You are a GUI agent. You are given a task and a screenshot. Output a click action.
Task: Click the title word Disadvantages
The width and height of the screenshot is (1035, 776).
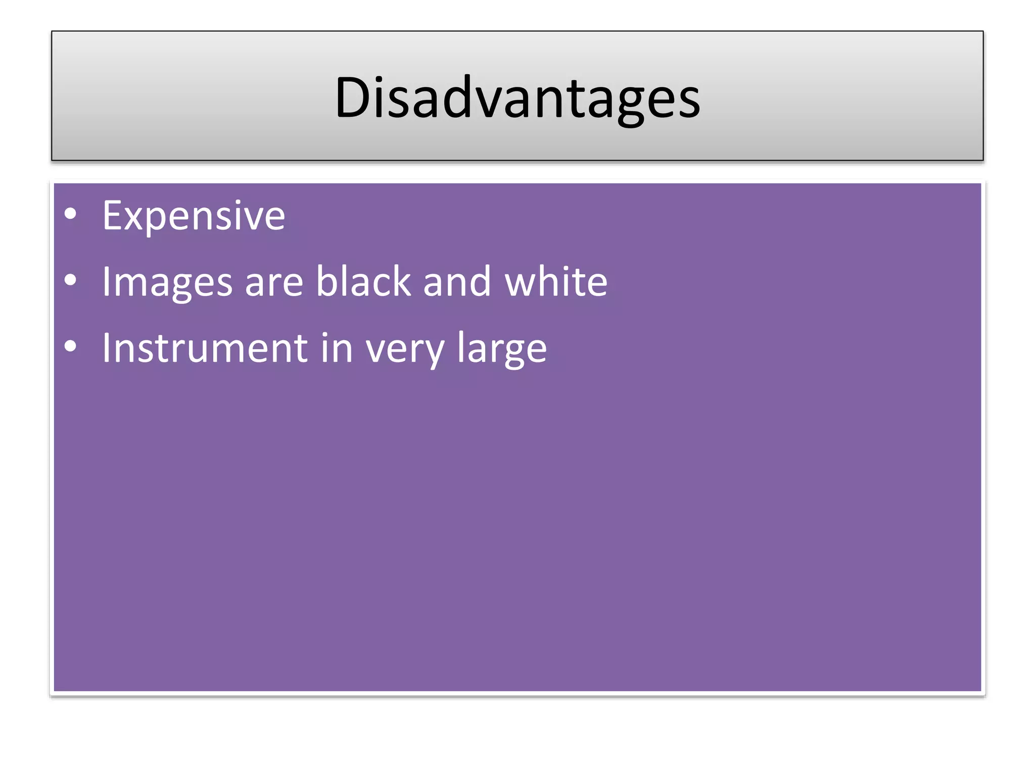coord(517,97)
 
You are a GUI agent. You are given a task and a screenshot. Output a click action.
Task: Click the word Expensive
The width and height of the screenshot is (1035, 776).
coord(194,216)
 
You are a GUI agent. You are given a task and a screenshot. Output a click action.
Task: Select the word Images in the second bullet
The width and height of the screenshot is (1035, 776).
coord(167,282)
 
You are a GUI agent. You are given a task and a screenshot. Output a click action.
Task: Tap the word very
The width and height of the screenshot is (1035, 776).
coord(405,350)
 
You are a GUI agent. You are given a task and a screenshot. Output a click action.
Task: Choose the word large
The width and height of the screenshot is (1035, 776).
coord(502,349)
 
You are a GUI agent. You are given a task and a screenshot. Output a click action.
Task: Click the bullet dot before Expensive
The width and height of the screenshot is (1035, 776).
coord(71,214)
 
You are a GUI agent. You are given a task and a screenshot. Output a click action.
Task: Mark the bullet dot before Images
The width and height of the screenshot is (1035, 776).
coord(71,280)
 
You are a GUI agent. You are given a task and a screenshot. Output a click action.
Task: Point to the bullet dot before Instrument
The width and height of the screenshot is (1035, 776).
coord(71,346)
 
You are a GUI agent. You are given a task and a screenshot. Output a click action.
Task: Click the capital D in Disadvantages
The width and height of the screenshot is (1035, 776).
coord(354,97)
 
